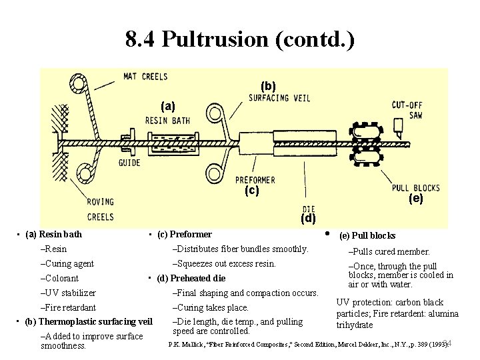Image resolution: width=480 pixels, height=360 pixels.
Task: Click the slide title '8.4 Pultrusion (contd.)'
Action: [x=240, y=39]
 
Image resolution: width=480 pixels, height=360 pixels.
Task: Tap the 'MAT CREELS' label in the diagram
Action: [x=145, y=77]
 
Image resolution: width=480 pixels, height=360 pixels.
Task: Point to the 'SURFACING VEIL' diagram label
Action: [x=278, y=98]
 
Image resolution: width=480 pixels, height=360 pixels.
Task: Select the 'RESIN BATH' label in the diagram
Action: [x=167, y=121]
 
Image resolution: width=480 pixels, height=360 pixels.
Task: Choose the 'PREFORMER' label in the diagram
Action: [x=255, y=180]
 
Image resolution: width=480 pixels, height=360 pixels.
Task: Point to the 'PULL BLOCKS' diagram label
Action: [x=415, y=187]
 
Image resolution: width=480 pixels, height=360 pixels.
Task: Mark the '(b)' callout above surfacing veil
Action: [x=268, y=86]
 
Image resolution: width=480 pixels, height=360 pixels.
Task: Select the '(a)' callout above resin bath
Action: [x=168, y=106]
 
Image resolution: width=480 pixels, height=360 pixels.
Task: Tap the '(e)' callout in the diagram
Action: [x=415, y=199]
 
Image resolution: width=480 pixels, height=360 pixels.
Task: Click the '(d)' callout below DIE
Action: [x=308, y=218]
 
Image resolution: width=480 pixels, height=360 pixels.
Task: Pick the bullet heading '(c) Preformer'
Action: [x=184, y=234]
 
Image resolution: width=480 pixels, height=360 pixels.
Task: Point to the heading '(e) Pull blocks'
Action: [x=367, y=235]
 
